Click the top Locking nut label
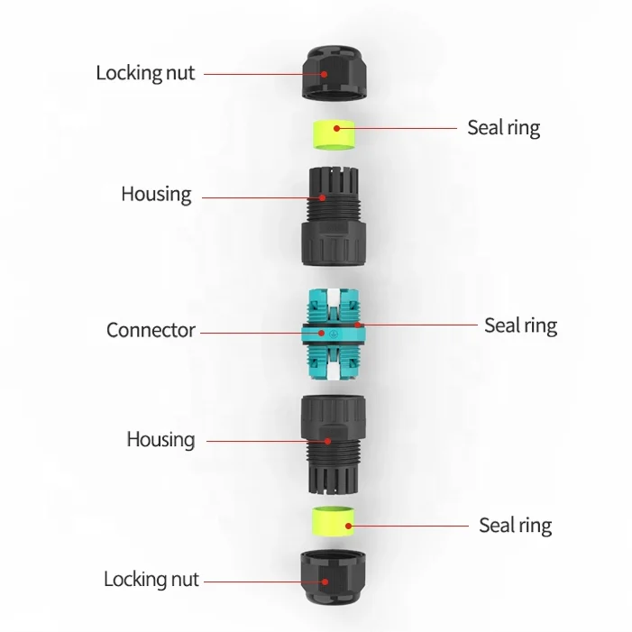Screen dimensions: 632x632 point(145,73)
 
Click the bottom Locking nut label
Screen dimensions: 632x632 point(151,579)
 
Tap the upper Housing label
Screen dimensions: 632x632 point(156,194)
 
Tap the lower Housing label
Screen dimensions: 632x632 point(160,440)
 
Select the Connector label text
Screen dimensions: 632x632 point(151,330)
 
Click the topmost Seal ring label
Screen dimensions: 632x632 point(503,127)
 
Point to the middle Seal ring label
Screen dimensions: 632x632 point(520,325)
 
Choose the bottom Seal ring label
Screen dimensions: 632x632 point(515,525)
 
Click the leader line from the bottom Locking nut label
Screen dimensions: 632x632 point(261,579)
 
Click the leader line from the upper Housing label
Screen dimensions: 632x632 point(261,196)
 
